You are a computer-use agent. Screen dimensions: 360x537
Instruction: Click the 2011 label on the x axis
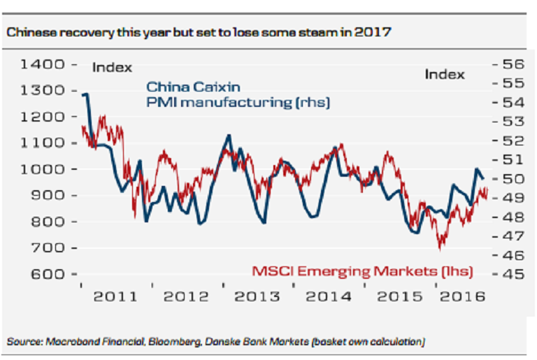(x=116, y=296)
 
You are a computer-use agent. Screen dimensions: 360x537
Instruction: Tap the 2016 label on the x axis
(x=461, y=296)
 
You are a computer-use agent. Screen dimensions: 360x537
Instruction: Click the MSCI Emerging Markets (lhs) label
(x=361, y=271)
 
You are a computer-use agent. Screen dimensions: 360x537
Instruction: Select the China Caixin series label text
(x=193, y=88)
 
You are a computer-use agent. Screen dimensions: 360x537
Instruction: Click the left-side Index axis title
(x=112, y=68)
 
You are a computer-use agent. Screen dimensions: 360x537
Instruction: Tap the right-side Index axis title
(x=445, y=74)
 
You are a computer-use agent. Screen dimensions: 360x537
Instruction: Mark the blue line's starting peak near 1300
(x=85, y=94)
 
